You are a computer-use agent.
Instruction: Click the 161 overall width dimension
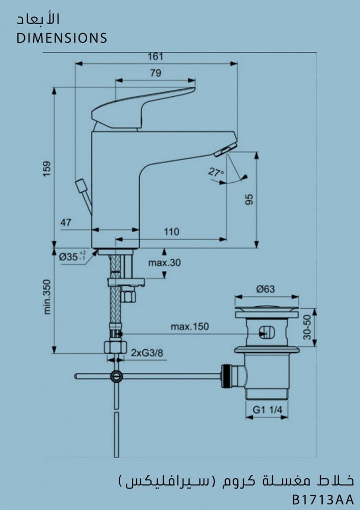[x=156, y=57]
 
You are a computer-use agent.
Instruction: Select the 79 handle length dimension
[x=156, y=73]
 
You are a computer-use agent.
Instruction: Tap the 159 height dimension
[x=47, y=169]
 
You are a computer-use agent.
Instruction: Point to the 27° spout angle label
[x=216, y=172]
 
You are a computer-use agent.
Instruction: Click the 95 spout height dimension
[x=249, y=199]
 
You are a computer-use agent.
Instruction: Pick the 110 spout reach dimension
[x=171, y=232]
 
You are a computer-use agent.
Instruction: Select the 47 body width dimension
[x=66, y=223]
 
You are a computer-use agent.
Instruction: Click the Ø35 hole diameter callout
[x=72, y=257]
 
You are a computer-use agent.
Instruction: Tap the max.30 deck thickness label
[x=165, y=263]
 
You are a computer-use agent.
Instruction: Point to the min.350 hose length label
[x=47, y=297]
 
